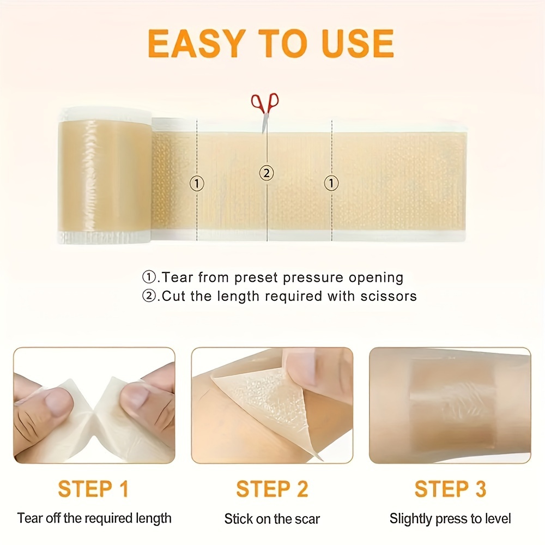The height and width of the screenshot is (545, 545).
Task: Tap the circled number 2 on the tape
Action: point(267,173)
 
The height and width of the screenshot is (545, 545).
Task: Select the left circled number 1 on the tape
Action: point(197,183)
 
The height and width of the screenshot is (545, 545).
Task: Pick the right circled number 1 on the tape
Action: point(331,183)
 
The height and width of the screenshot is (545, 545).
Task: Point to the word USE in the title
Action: point(358,44)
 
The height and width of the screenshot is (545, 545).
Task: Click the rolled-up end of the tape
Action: point(104,176)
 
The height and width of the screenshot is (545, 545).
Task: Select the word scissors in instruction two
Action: point(388,296)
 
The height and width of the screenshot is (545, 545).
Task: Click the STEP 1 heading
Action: point(93,489)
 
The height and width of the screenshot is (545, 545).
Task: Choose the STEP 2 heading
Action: point(272,489)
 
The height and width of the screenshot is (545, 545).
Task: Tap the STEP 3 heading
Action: point(451,489)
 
